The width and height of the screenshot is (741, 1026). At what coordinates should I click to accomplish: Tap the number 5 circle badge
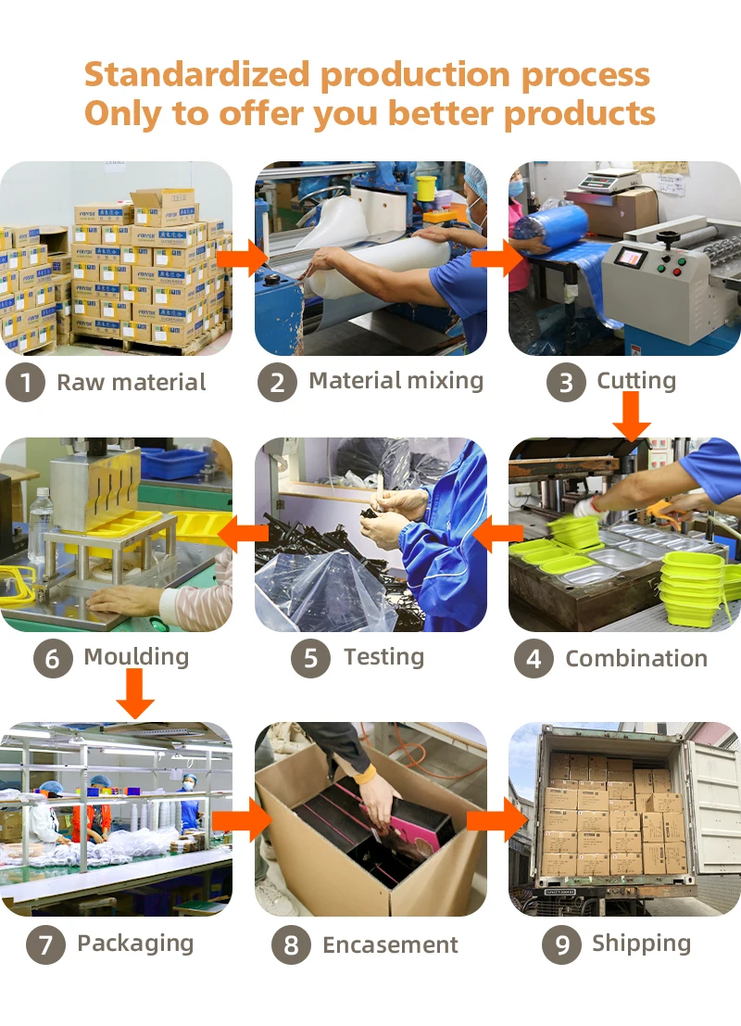point(310,659)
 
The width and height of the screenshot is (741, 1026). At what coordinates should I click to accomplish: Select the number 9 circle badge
point(561,944)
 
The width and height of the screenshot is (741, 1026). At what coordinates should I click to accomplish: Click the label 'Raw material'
point(132,383)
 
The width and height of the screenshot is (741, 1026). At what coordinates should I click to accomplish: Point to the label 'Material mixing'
point(396,381)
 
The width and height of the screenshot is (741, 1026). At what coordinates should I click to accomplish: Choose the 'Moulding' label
point(136,657)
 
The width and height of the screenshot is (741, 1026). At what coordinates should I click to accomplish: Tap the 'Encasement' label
point(390,945)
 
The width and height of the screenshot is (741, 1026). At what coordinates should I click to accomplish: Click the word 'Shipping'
point(641,944)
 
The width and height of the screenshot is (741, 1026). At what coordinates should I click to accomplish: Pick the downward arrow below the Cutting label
point(633,415)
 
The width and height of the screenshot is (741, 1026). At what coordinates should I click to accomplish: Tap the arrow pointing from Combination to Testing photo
point(497,533)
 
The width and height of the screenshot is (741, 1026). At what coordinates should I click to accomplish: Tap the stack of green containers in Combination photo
point(690,582)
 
